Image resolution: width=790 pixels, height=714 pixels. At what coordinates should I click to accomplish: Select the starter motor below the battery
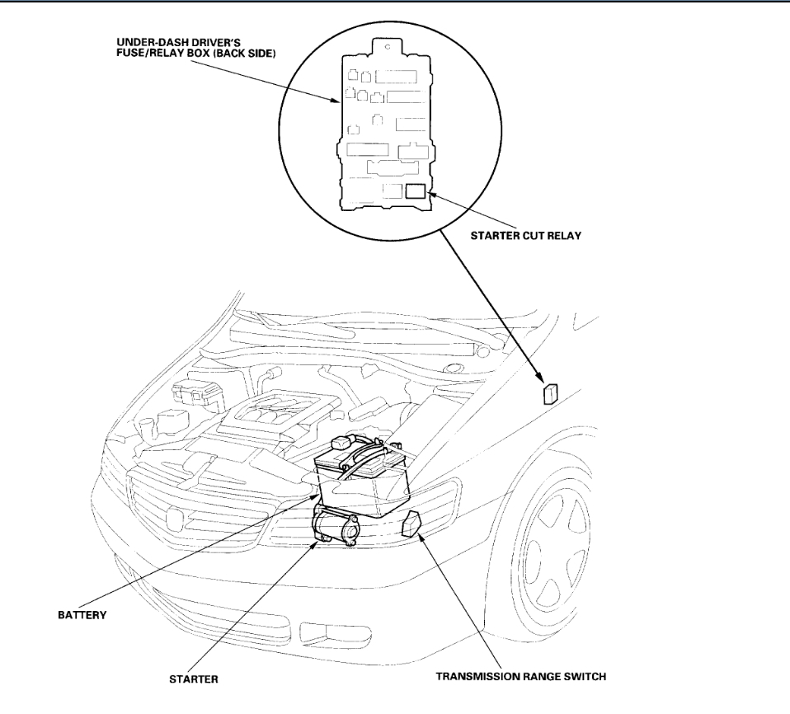pyautogui.click(x=336, y=527)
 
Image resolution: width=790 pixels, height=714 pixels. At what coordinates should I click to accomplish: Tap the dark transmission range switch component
pyautogui.click(x=414, y=524)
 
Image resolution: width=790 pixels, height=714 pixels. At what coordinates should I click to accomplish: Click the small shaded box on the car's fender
pyautogui.click(x=552, y=392)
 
